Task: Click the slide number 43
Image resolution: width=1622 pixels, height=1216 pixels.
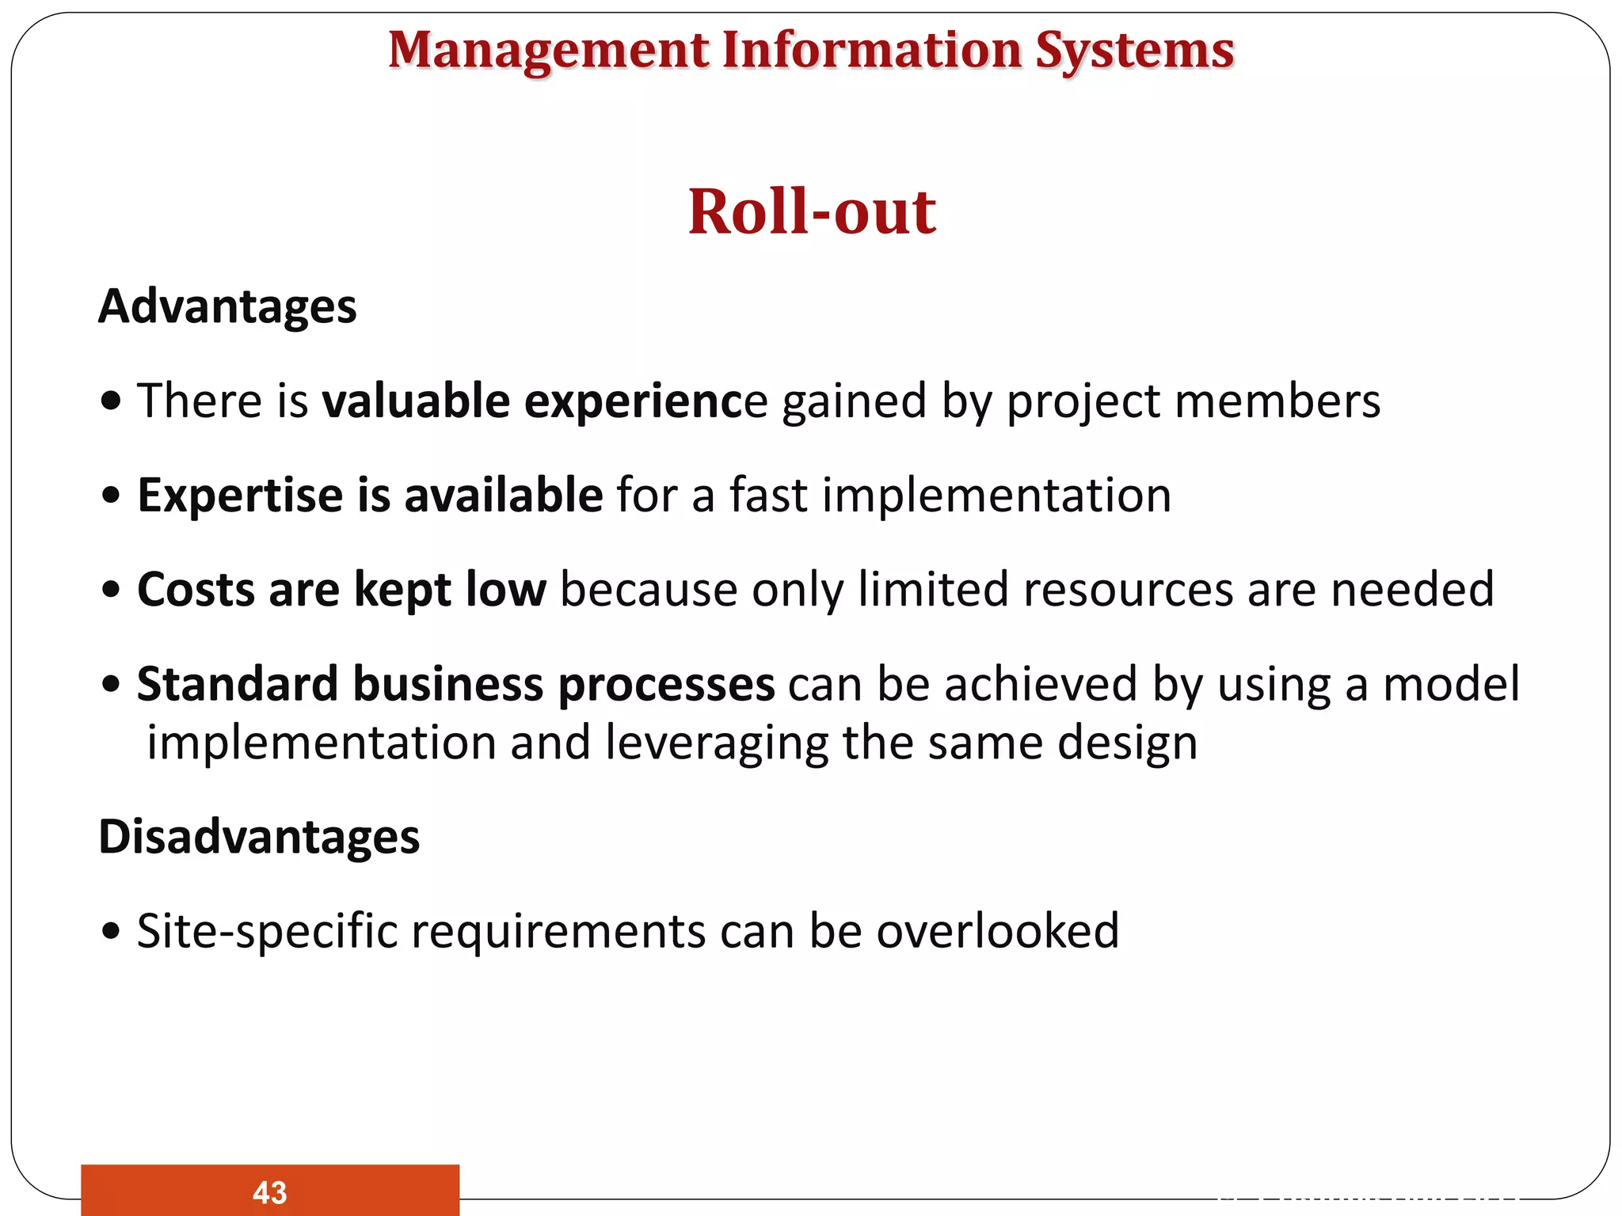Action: coord(269,1192)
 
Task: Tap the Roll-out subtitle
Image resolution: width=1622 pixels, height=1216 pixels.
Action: coord(812,212)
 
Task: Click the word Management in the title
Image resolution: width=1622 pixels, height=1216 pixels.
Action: coord(549,51)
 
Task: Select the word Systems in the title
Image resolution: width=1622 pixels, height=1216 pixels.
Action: coord(1134,51)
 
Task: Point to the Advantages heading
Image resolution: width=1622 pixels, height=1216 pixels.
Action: coord(227,307)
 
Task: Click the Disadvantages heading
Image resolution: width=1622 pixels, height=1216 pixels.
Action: coord(259,838)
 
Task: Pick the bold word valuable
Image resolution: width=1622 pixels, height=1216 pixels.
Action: coord(416,401)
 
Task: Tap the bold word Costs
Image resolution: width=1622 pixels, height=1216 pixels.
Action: coord(195,590)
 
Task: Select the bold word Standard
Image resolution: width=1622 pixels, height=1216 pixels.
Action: coord(238,684)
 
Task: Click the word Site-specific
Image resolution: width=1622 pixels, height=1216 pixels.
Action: coord(267,931)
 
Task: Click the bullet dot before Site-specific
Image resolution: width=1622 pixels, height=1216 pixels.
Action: coord(112,931)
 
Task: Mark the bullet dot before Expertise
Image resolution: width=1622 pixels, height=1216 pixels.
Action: coord(112,496)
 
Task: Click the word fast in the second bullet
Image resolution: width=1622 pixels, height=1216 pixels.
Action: coord(767,496)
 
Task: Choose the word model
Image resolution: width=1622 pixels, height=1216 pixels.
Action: coord(1451,684)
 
